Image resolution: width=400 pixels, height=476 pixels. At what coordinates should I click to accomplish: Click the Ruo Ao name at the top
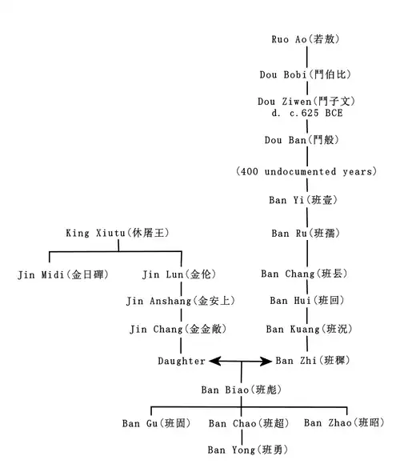[306, 39]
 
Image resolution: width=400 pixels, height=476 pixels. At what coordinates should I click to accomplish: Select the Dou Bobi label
[306, 74]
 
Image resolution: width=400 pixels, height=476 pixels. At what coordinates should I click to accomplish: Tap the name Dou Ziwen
[306, 101]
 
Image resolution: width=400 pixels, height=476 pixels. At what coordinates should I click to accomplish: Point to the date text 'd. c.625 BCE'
[307, 114]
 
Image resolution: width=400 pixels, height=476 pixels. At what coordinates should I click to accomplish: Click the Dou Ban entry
[302, 140]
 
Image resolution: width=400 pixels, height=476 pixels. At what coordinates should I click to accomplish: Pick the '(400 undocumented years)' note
[306, 171]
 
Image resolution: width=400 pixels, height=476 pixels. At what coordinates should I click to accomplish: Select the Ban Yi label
[303, 200]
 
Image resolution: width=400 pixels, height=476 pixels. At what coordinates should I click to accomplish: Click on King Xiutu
[118, 233]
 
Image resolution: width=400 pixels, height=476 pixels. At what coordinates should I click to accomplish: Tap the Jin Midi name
[63, 274]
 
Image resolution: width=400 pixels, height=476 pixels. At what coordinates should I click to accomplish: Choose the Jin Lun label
[179, 274]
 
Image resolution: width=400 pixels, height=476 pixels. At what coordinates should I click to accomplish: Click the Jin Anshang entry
[181, 301]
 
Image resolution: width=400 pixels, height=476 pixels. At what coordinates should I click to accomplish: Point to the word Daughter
[182, 361]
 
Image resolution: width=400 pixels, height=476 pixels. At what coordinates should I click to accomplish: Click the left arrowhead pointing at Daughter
[214, 362]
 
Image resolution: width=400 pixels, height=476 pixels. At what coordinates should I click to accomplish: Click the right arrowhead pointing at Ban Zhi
[266, 362]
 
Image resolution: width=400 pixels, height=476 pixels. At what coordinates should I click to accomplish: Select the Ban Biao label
[242, 390]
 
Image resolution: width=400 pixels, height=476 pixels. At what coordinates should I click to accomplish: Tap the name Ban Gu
[157, 423]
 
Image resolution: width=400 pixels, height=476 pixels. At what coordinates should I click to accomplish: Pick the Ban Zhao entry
[344, 422]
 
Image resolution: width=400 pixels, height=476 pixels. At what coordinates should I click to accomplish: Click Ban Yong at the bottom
[248, 450]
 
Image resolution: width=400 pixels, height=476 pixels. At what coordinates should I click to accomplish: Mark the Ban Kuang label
[309, 329]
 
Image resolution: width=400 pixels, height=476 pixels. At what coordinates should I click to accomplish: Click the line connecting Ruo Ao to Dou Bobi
[307, 57]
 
